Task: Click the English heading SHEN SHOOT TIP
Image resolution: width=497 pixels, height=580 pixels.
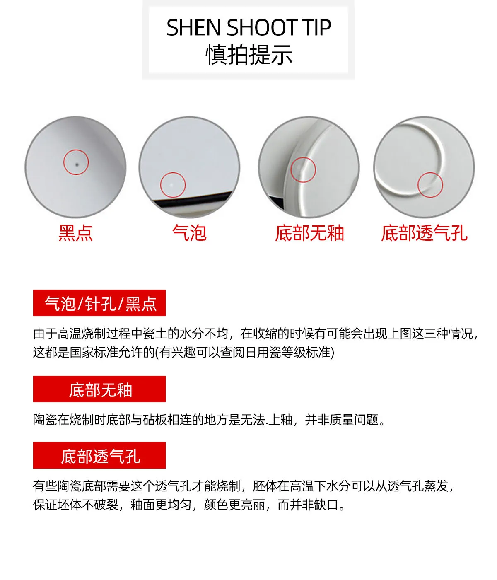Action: tap(248, 27)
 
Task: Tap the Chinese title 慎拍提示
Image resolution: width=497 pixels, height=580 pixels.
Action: tap(249, 55)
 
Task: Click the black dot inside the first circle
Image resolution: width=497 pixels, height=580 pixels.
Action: tap(77, 165)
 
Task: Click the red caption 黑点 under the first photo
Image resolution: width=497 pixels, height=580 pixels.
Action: tap(75, 233)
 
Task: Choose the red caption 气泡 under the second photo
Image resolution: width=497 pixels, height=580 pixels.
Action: tap(189, 233)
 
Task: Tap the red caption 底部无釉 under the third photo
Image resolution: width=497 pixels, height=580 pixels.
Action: tap(309, 233)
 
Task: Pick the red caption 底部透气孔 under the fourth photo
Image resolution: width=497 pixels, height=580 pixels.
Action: tap(424, 233)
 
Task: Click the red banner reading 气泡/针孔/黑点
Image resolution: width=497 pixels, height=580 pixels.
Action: tap(99, 303)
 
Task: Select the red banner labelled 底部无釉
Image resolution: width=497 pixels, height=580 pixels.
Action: tap(99, 389)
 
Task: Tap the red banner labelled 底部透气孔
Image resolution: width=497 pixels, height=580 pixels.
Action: tap(99, 455)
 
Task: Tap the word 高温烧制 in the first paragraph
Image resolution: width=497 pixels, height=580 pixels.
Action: tap(82, 333)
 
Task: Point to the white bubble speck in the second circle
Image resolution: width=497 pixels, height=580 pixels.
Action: tap(171, 184)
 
